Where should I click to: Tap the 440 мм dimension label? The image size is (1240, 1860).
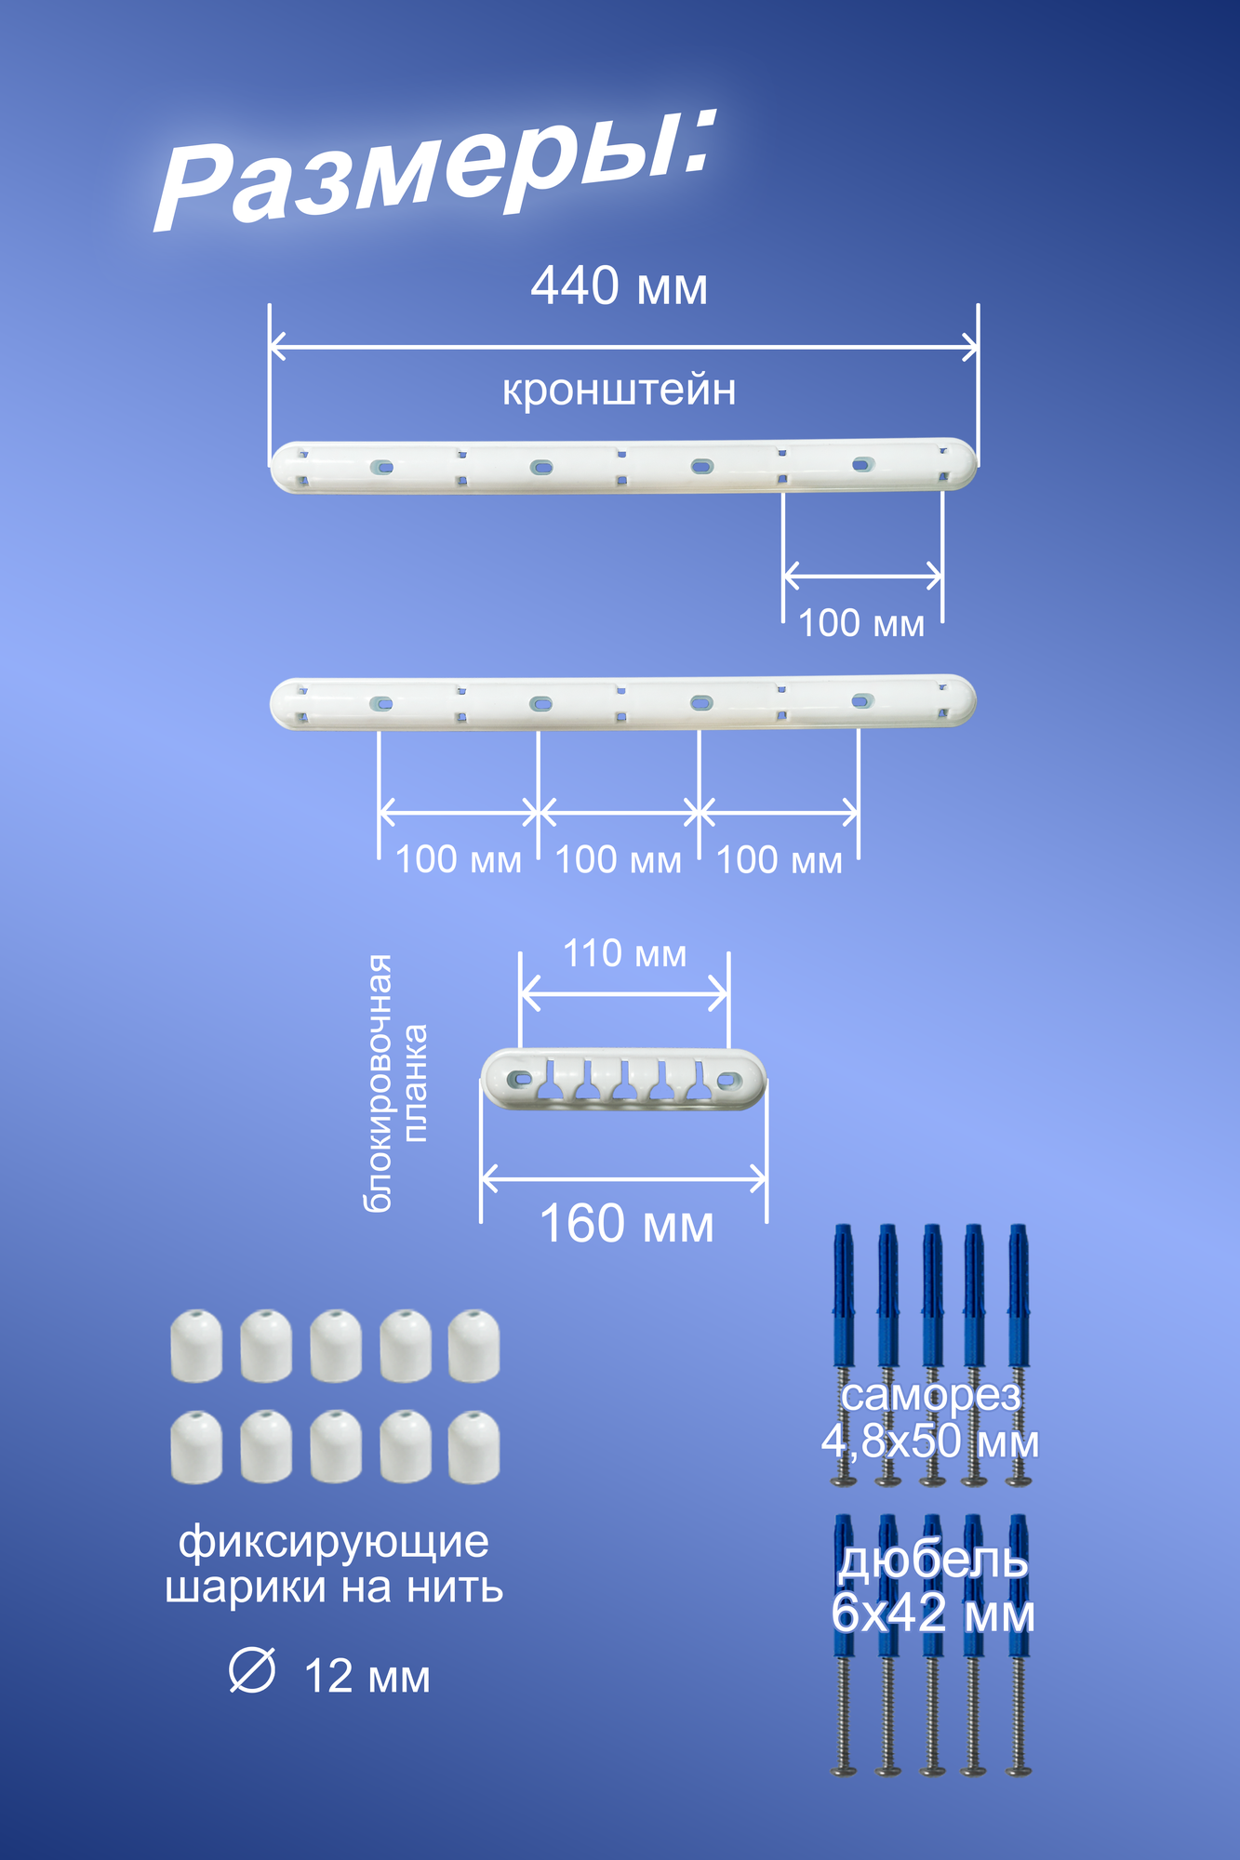point(619,286)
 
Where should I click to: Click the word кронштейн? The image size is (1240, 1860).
point(619,390)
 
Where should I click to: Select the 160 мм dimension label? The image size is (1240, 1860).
point(626,1224)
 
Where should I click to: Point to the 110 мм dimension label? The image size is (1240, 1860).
point(624,954)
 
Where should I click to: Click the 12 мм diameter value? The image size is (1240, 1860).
point(367,1677)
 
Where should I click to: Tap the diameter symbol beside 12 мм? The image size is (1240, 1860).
point(252,1671)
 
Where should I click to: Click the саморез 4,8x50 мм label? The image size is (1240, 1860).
point(930,1418)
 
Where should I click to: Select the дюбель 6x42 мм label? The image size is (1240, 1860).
point(932,1588)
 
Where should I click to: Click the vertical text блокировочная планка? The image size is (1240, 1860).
point(394,1083)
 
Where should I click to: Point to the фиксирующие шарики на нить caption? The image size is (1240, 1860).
point(334,1564)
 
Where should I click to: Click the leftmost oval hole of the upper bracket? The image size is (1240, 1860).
point(380,467)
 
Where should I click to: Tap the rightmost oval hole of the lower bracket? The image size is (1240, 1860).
point(861,700)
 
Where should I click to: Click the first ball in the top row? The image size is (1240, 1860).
point(196,1346)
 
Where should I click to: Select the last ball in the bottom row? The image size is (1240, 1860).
point(474,1447)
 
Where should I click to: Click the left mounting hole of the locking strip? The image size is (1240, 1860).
point(521,1080)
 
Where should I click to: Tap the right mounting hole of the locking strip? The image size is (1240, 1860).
point(728,1080)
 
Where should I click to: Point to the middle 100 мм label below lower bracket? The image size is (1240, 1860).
point(619,860)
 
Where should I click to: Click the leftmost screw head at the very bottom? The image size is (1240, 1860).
point(844,1771)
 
